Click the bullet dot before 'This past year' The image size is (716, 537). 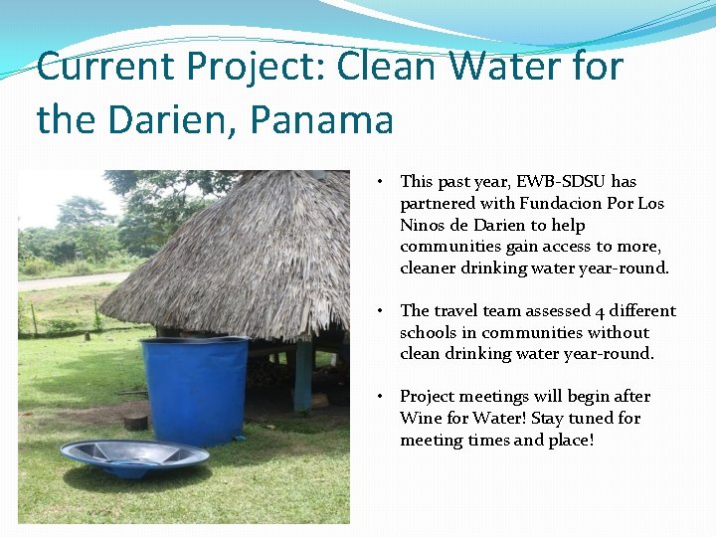[x=381, y=182]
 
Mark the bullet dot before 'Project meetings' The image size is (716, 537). [x=381, y=397]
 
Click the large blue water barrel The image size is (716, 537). [x=194, y=388]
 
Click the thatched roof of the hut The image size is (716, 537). [x=239, y=259]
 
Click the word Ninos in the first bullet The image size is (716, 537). [x=424, y=225]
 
